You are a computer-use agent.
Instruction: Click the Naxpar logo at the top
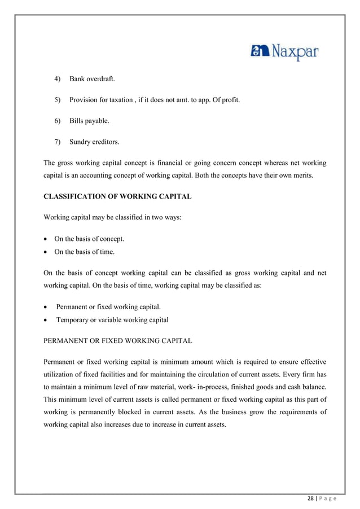(x=284, y=54)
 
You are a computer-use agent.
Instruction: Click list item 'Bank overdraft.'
(x=94, y=78)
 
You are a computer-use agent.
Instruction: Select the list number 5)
(x=58, y=100)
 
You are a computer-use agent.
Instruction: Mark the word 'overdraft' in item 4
(x=103, y=78)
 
